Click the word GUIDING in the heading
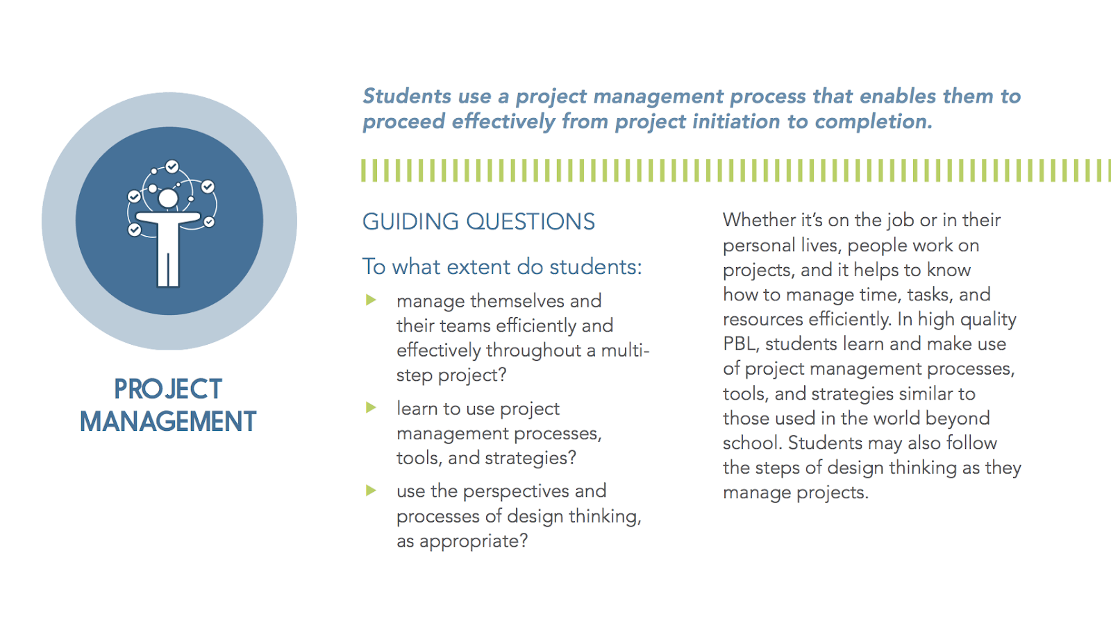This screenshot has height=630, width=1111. coord(410,221)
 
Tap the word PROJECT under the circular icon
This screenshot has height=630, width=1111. coord(167,389)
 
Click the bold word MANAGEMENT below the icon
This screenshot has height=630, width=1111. coord(168,421)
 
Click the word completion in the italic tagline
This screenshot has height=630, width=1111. coord(874,122)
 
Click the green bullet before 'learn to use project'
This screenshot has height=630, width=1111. coord(371,407)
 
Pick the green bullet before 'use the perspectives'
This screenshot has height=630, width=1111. coord(371,491)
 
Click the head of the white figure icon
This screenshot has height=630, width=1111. coord(168,198)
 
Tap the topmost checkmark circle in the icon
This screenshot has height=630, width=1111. coord(172,167)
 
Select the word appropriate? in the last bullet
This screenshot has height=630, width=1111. coord(473,540)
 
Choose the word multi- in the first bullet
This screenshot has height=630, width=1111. coord(625,350)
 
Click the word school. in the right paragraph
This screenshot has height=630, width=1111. coord(753,443)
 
